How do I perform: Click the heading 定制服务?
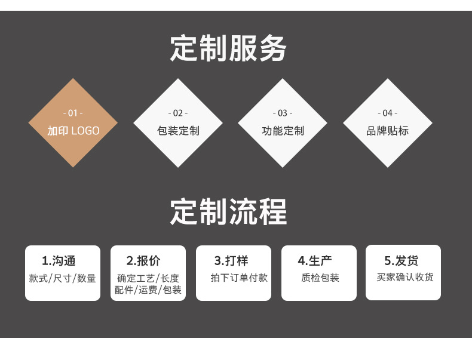point(228,49)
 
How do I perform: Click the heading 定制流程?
point(228,211)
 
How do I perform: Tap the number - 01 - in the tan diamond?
point(73,113)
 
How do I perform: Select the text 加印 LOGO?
point(73,131)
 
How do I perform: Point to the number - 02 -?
point(177,113)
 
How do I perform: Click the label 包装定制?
point(177,131)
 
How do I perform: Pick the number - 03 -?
point(283,113)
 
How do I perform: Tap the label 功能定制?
point(283,131)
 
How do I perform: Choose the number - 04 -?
point(387,113)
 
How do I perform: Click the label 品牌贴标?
point(387,131)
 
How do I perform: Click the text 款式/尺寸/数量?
point(62,278)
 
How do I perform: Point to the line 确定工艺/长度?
point(148,278)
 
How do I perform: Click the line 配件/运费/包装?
point(148,290)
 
